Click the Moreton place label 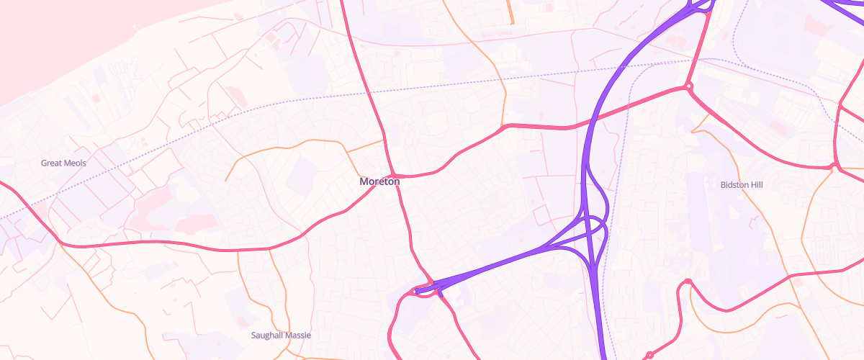(x=379, y=181)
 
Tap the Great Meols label (x=63, y=163)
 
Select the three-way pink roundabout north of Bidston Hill (x=689, y=87)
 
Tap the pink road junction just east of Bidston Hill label (x=834, y=168)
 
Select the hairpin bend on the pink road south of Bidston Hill (x=688, y=282)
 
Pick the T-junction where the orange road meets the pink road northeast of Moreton (x=503, y=127)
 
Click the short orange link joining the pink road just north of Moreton (x=364, y=145)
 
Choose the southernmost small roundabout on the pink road (x=649, y=355)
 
